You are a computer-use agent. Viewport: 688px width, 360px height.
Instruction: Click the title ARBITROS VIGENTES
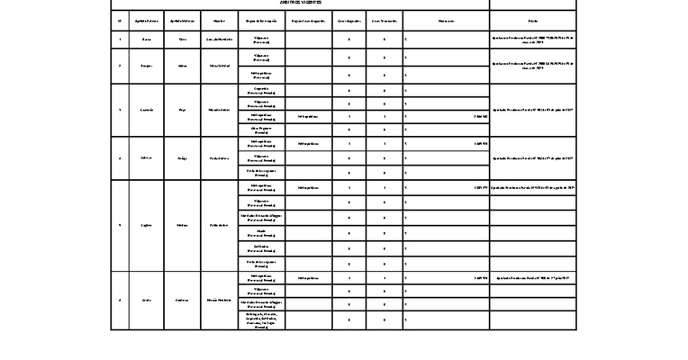300,3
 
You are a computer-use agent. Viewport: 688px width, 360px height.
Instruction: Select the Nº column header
119,20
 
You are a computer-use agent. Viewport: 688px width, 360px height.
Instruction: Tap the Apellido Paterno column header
146,20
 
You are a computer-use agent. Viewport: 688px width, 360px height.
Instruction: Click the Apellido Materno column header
182,20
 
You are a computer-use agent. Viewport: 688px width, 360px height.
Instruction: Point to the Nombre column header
218,20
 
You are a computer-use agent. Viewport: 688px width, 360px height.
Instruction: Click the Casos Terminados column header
385,20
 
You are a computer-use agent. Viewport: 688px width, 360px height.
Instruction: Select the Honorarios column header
446,20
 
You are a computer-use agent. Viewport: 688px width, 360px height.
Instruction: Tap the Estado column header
533,20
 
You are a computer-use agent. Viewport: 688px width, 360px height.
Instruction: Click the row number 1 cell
119,39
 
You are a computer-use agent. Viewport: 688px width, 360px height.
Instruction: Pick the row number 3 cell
119,110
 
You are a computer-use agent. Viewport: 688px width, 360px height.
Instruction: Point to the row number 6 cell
119,300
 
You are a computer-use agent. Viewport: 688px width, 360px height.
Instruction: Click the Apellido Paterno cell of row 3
146,110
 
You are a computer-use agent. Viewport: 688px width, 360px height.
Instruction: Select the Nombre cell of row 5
218,226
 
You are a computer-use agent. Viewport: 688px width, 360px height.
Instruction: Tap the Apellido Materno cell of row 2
182,66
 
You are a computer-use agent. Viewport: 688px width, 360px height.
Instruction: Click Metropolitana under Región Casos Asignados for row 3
307,116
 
